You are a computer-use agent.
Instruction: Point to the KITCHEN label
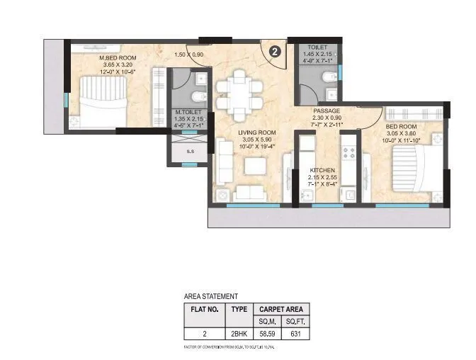[x=322, y=171]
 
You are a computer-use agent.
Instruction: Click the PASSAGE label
[x=327, y=111]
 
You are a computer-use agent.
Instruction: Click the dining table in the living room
[x=234, y=94]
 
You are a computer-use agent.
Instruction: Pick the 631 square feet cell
[x=297, y=333]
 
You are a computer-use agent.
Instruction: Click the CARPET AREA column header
[x=280, y=310]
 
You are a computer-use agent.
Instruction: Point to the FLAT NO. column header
[x=204, y=310]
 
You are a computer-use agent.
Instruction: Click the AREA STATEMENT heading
[x=211, y=296]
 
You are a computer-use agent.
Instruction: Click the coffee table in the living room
[x=252, y=165]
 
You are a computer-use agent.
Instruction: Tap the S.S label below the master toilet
[x=190, y=151]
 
